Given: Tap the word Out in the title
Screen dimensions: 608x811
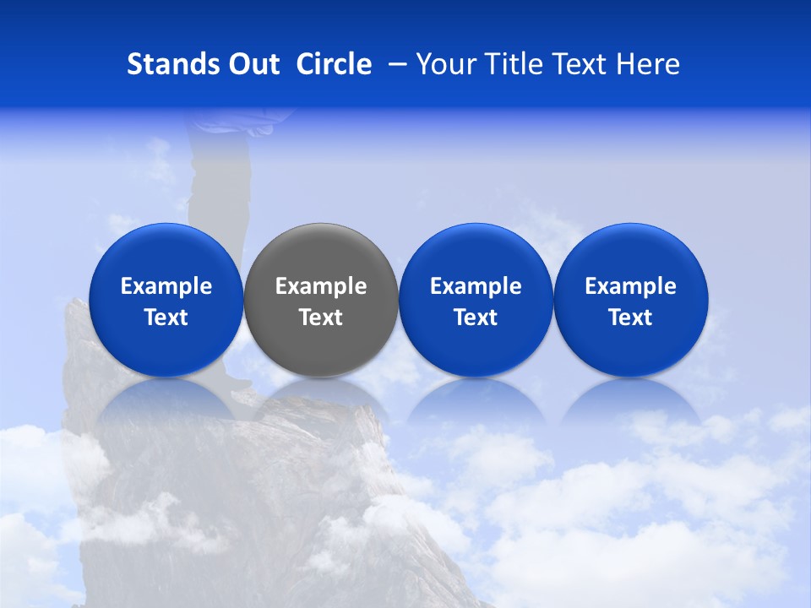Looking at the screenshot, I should (253, 64).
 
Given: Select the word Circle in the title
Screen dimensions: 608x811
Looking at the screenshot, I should (334, 64).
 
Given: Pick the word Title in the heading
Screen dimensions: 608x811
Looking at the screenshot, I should (514, 64).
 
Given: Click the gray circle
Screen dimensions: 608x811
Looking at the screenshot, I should (321, 253).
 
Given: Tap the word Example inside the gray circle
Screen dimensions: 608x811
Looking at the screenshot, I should (321, 286).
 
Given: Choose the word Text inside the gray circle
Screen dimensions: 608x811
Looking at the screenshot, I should (321, 318).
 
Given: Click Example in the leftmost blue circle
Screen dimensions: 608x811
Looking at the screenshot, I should (166, 286).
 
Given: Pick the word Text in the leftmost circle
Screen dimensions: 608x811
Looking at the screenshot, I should (166, 318).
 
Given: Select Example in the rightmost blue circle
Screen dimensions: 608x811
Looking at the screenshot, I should (630, 286).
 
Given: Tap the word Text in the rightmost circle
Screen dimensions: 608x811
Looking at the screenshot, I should (630, 318).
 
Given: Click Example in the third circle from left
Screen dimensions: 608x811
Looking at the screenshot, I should (476, 286).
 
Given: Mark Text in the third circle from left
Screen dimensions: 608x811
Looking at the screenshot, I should (476, 318).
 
